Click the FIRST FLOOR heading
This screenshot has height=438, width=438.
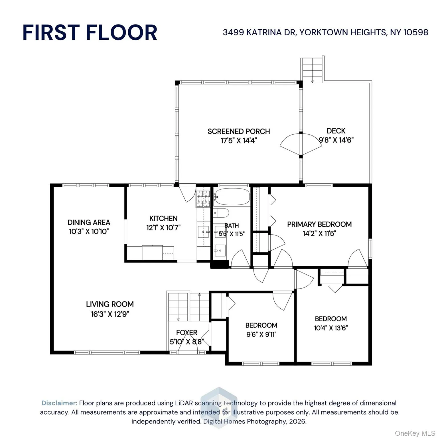90,33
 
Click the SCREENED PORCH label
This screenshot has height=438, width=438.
239,131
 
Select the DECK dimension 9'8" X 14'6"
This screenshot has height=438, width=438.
336,140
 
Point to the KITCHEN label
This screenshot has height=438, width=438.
163,218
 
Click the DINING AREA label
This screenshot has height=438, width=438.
89,222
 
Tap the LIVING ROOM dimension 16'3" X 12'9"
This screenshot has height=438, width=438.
110,314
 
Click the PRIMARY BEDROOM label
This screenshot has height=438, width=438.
319,224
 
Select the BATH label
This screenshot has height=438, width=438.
232,226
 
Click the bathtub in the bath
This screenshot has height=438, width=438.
232,197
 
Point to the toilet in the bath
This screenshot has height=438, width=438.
221,213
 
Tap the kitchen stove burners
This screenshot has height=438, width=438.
203,198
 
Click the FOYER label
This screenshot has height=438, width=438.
187,332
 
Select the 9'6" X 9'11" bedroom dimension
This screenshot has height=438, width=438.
261,334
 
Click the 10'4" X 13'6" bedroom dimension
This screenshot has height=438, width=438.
331,328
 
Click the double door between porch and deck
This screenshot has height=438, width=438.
301,145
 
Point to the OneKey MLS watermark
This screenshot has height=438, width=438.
415,433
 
